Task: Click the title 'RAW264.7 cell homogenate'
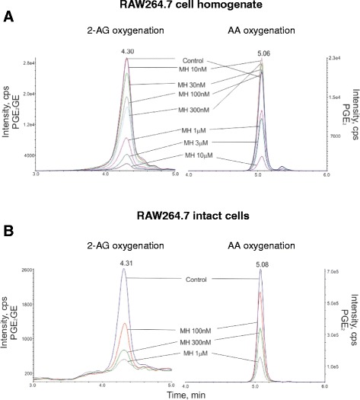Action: click(180, 6)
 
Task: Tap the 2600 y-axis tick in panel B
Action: click(25, 270)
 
